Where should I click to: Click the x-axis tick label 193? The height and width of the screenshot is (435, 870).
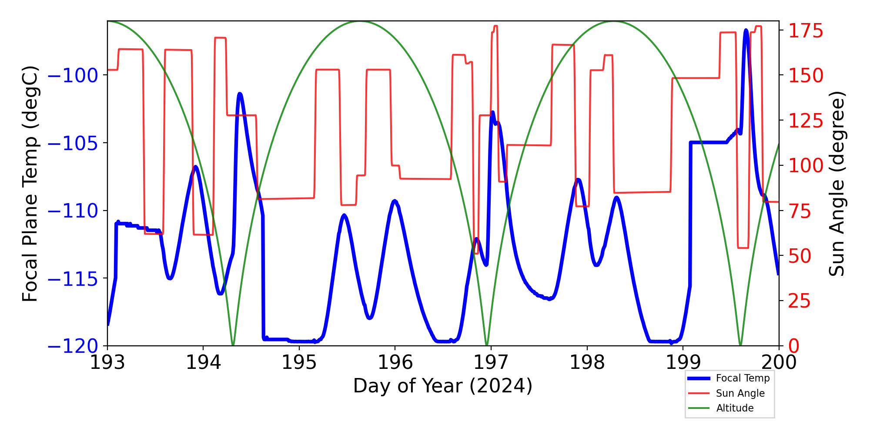pyautogui.click(x=107, y=362)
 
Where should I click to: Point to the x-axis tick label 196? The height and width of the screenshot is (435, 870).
pyautogui.click(x=395, y=362)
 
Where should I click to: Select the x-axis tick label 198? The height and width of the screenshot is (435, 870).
pyautogui.click(x=587, y=362)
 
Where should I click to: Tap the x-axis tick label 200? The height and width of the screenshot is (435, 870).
pyautogui.click(x=779, y=362)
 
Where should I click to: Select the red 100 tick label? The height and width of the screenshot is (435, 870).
pyautogui.click(x=806, y=165)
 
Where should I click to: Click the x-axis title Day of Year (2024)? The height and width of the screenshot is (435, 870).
pyautogui.click(x=442, y=386)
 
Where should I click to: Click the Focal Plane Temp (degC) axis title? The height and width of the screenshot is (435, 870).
pyautogui.click(x=30, y=184)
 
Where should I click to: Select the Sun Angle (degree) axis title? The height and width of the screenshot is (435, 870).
pyautogui.click(x=836, y=184)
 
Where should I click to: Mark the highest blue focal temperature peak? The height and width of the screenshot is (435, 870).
pyautogui.click(x=746, y=30)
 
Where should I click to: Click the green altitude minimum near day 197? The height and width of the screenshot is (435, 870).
pyautogui.click(x=487, y=345)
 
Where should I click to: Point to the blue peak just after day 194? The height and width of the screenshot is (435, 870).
pyautogui.click(x=240, y=94)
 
